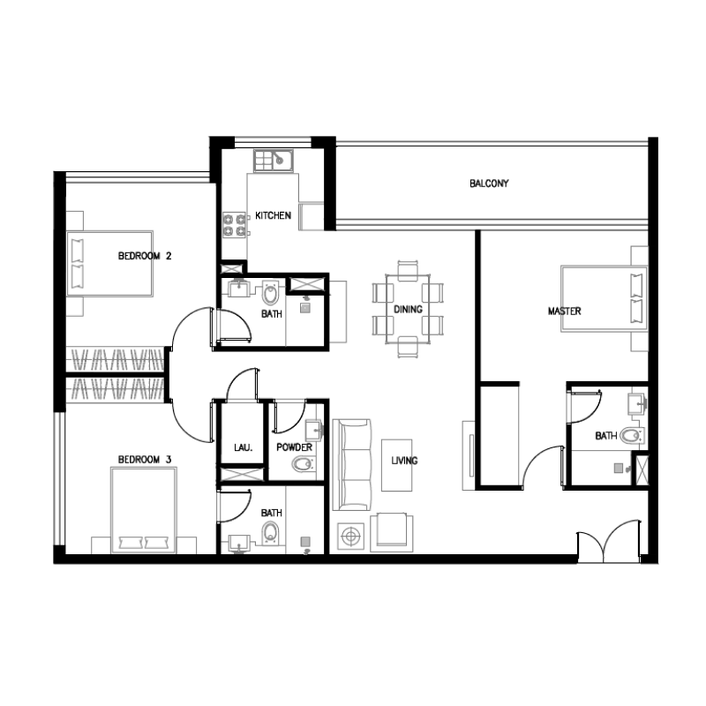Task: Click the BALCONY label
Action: tap(489, 184)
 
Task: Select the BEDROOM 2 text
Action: tap(144, 257)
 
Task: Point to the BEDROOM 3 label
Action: tap(144, 460)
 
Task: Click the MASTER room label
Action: tap(564, 312)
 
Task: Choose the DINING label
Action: tap(408, 310)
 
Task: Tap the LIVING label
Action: tap(406, 461)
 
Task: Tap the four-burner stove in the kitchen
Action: tap(234, 224)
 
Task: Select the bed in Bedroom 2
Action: tap(109, 263)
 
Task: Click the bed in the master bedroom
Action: tap(605, 297)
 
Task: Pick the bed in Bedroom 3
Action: tap(143, 512)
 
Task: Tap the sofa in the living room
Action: tap(350, 462)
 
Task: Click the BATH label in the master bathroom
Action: tap(605, 436)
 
